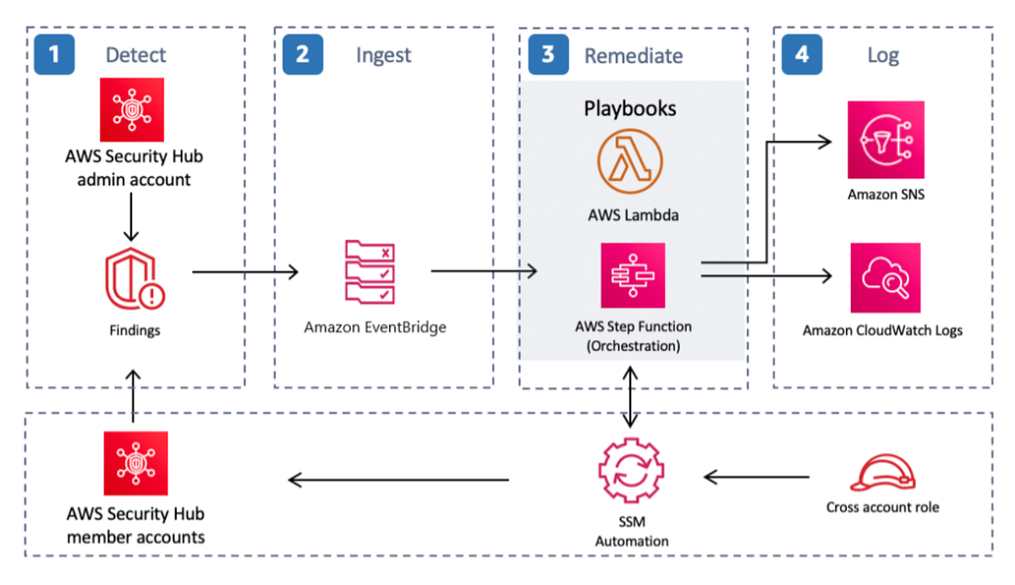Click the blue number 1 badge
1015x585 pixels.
[54, 54]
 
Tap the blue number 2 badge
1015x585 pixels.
[303, 54]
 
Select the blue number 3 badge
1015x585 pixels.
[548, 54]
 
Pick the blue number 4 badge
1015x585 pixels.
[801, 54]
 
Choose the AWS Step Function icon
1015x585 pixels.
[632, 276]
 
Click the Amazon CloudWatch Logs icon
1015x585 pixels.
[886, 278]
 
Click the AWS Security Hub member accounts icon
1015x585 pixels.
[135, 462]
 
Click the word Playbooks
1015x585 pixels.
[630, 108]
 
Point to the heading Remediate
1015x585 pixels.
[633, 56]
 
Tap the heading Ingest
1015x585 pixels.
[383, 56]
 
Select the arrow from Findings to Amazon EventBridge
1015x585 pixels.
[245, 271]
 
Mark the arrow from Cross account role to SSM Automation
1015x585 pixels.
[756, 478]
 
